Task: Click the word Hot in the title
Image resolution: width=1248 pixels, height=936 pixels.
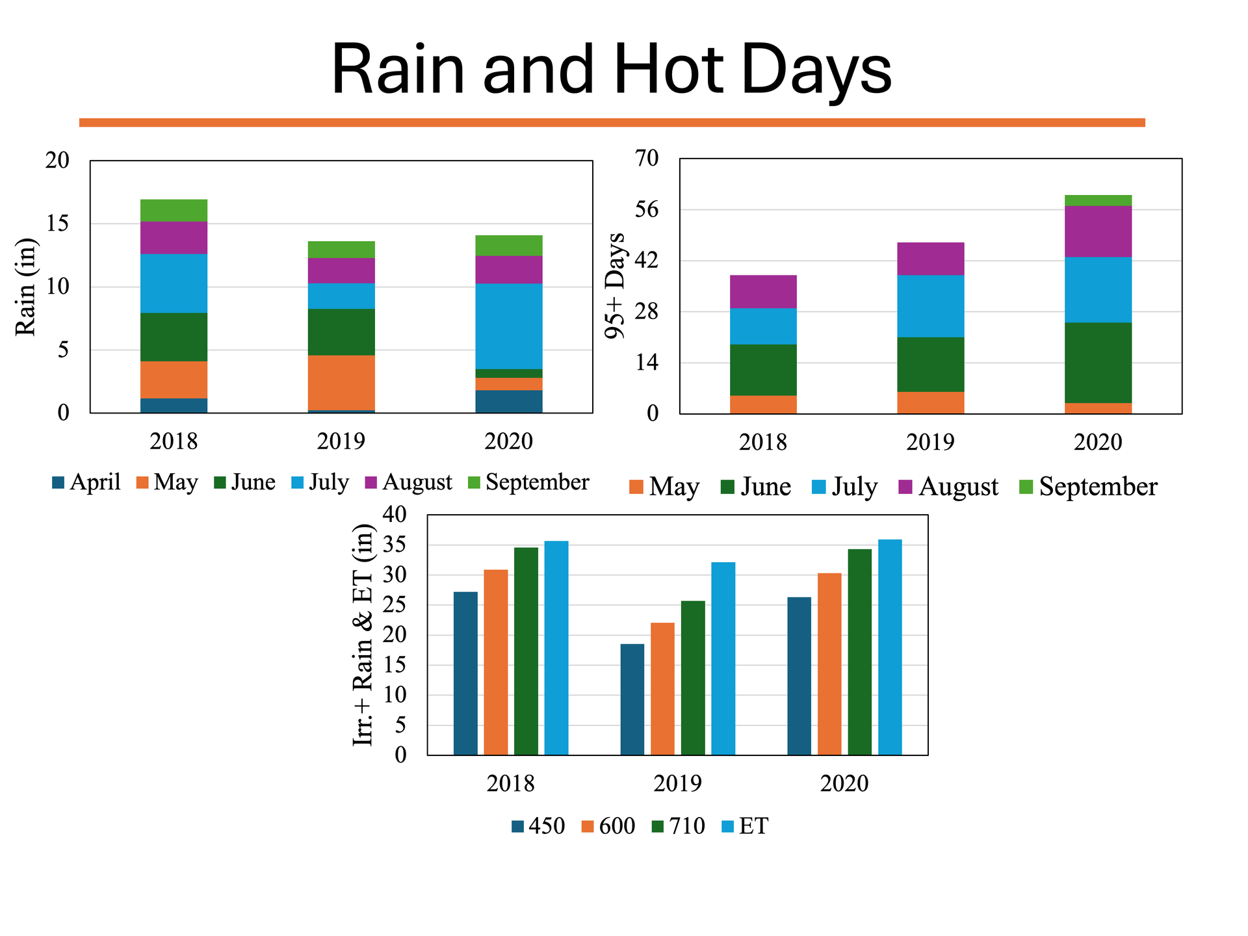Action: point(668,70)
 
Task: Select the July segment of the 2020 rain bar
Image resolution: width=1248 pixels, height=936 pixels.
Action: point(509,326)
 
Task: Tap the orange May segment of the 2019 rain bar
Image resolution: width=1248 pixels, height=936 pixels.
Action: point(342,382)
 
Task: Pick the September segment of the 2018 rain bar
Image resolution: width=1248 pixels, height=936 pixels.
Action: point(174,210)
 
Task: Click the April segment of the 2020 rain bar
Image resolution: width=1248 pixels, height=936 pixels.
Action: point(509,401)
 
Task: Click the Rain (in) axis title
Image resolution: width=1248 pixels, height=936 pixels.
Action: point(26,287)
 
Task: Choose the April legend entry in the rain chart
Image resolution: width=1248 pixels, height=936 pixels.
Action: point(86,482)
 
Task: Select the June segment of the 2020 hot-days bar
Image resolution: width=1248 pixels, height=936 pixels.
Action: point(1098,363)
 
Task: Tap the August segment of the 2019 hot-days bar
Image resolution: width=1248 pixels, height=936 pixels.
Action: point(930,259)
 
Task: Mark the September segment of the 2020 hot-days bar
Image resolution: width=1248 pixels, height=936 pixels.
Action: point(1098,200)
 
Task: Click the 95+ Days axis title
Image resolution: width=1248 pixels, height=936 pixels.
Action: point(615,285)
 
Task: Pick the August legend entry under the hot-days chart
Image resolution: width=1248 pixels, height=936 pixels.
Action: point(948,487)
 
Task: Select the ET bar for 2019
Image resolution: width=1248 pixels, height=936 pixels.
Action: point(723,658)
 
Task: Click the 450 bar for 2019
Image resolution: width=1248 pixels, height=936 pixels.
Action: point(632,699)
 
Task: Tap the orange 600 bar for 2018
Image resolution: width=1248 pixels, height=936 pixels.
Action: point(496,662)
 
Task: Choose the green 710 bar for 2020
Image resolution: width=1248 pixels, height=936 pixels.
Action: point(859,651)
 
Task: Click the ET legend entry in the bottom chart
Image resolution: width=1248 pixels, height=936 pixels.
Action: point(746,826)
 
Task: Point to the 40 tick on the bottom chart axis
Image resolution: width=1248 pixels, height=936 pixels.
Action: point(394,514)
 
